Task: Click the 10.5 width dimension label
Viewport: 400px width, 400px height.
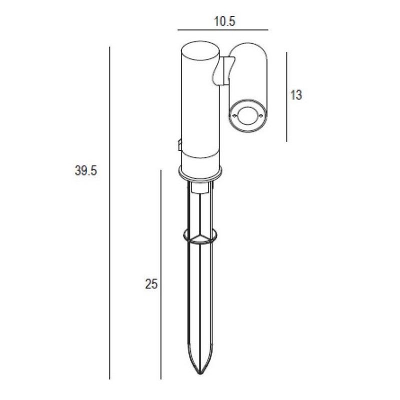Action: [224, 21]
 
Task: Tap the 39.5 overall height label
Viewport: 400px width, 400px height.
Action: [86, 170]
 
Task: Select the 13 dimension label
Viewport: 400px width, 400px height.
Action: [296, 95]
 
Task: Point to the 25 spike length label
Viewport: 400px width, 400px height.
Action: [151, 283]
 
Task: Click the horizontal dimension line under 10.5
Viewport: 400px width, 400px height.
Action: [223, 30]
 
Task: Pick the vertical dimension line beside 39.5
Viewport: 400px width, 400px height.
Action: [109, 213]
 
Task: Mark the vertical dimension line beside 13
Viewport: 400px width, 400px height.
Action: [286, 97]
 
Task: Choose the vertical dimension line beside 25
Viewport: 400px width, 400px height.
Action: [160, 274]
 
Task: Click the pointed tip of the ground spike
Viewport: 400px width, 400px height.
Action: [200, 373]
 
